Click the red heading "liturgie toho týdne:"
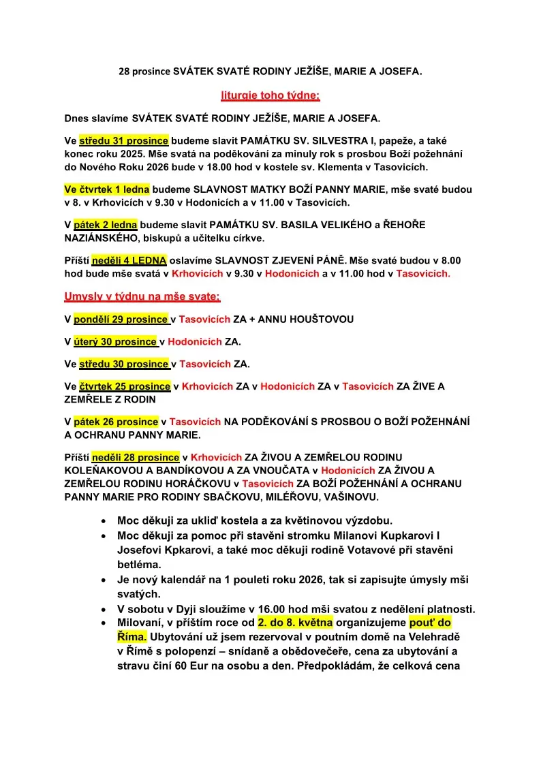(270, 95)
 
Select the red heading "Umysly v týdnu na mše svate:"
(142, 296)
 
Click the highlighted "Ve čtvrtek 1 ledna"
(106, 189)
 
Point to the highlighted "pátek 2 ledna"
(106, 224)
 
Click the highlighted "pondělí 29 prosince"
(121, 319)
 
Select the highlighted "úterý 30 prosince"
(115, 341)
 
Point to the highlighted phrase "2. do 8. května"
(295, 623)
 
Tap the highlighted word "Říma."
(132, 637)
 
